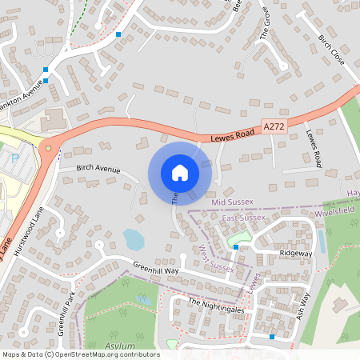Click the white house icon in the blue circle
click(x=180, y=173)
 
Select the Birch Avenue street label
click(x=98, y=170)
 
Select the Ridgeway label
click(x=295, y=253)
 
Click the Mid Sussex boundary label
click(x=233, y=203)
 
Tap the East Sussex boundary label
click(x=243, y=218)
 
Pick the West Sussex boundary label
click(x=215, y=256)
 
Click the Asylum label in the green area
click(x=120, y=346)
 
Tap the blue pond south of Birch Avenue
click(x=134, y=238)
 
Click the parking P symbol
click(x=17, y=158)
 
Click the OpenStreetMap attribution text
click(x=81, y=354)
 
